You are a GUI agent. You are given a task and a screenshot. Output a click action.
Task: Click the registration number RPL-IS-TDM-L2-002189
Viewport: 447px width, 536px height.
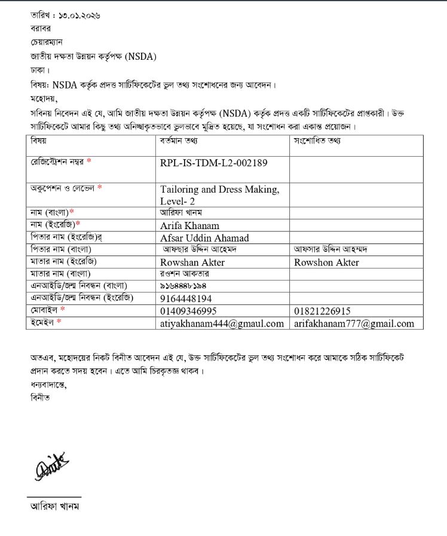213,163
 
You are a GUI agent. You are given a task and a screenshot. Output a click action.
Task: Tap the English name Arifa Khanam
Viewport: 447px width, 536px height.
189,226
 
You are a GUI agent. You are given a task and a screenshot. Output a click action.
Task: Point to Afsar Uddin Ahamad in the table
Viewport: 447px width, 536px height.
204,238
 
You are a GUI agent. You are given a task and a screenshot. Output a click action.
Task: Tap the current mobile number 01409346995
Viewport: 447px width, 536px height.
188,311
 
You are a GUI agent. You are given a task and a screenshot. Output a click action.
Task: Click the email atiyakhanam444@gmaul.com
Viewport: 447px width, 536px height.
222,324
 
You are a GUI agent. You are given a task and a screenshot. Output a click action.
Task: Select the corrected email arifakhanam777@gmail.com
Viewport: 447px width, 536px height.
354,324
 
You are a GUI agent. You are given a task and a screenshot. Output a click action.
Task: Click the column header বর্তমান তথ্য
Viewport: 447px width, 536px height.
179,142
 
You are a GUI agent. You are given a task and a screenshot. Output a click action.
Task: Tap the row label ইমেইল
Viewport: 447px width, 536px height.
42,323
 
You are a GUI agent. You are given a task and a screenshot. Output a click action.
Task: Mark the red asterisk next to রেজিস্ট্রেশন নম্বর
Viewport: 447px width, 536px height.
89,162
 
